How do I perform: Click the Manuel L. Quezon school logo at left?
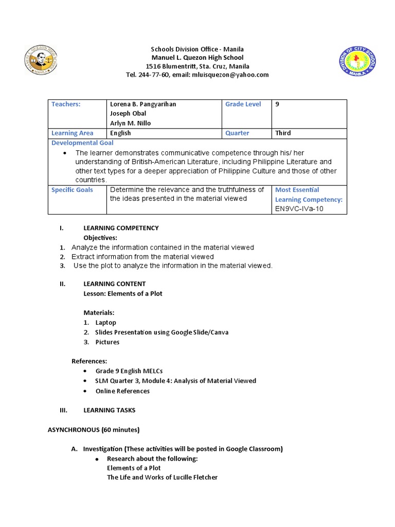pyautogui.click(x=41, y=61)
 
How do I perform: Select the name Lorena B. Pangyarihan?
pyautogui.click(x=143, y=104)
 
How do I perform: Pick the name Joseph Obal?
pyautogui.click(x=127, y=113)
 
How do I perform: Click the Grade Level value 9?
pyautogui.click(x=277, y=104)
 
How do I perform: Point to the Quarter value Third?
pyautogui.click(x=283, y=133)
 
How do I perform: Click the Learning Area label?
pyautogui.click(x=73, y=133)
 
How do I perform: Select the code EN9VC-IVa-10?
pyautogui.click(x=299, y=208)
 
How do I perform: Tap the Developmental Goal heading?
pyautogui.click(x=83, y=143)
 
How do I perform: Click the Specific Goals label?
pyautogui.click(x=73, y=190)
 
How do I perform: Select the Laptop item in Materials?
pyautogui.click(x=105, y=323)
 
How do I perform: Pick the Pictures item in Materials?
pyautogui.click(x=107, y=342)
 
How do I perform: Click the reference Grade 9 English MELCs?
pyautogui.click(x=129, y=371)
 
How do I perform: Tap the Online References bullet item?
pyautogui.click(x=122, y=391)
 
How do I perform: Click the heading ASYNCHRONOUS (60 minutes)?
pyautogui.click(x=94, y=430)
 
